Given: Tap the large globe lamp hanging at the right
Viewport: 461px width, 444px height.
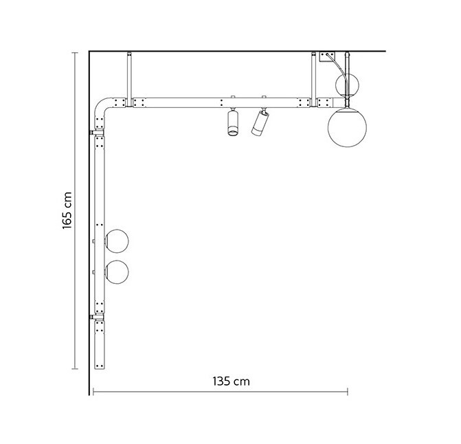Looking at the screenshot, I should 346,128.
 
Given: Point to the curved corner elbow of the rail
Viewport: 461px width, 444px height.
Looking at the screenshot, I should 103,109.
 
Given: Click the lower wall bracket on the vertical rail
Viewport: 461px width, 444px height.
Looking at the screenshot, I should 92,317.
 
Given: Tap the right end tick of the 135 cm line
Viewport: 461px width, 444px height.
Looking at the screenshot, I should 348,393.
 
